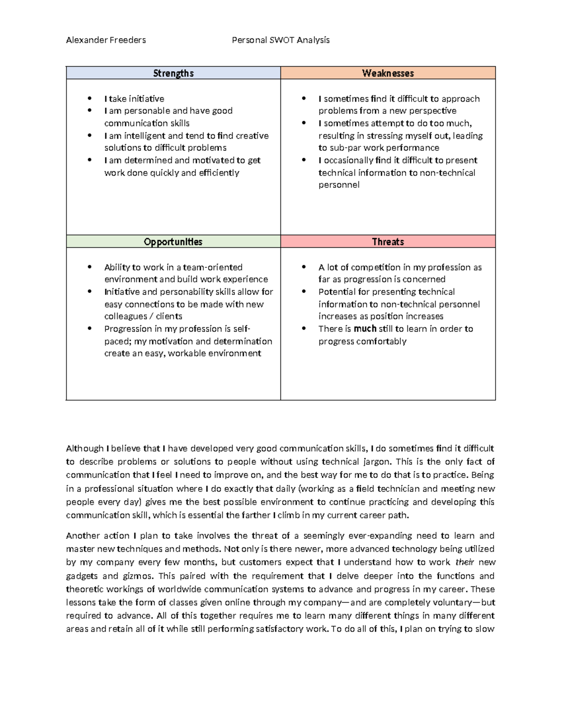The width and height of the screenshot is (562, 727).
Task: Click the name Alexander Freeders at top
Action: [x=106, y=40]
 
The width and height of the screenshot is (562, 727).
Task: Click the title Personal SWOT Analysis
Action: [x=281, y=40]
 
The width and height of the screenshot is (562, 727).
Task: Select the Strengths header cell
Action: [x=173, y=73]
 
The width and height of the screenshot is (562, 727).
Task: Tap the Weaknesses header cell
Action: [x=388, y=73]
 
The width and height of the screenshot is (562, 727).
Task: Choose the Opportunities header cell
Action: [x=173, y=242]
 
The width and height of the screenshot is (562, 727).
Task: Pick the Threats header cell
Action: [x=388, y=242]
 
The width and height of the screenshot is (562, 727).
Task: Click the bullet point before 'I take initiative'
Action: [x=89, y=98]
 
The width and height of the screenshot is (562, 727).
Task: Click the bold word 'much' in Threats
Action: [x=365, y=329]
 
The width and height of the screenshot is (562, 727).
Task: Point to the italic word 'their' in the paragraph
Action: [x=465, y=562]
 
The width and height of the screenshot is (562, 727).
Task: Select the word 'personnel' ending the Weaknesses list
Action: [x=339, y=185]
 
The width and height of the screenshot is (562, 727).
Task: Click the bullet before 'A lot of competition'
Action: [x=304, y=267]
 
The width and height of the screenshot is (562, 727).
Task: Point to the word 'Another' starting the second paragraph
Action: [x=81, y=536]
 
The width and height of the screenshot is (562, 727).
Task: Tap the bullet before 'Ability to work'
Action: [x=89, y=267]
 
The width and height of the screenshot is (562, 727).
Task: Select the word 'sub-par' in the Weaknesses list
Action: [x=345, y=148]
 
